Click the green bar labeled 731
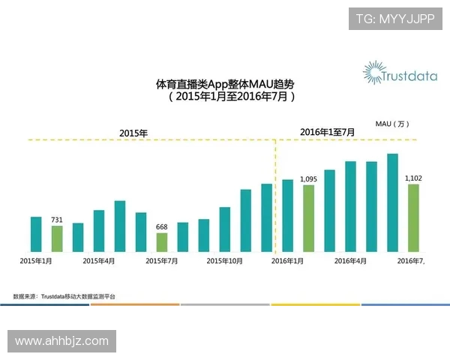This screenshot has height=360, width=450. (x=57, y=238)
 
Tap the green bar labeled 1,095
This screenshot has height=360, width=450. (x=309, y=217)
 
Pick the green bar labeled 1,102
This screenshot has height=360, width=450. (x=413, y=217)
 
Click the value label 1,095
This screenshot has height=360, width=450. (x=309, y=179)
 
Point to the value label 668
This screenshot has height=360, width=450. (x=162, y=227)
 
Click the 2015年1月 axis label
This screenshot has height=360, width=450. (x=35, y=261)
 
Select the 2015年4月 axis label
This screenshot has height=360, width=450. (x=99, y=261)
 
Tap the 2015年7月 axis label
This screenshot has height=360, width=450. (x=162, y=261)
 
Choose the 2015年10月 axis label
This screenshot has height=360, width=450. (x=224, y=261)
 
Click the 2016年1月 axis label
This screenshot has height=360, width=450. (x=287, y=261)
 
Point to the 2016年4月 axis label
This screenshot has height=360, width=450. (x=350, y=261)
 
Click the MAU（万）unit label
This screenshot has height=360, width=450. (x=393, y=124)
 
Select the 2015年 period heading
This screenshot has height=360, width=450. (x=133, y=133)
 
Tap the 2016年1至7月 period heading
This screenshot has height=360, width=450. (x=327, y=132)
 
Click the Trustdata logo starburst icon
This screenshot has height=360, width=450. (x=373, y=73)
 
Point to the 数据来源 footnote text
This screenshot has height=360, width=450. (x=64, y=297)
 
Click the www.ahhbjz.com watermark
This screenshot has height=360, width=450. (x=61, y=341)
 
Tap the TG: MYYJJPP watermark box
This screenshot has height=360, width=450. (x=394, y=19)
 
